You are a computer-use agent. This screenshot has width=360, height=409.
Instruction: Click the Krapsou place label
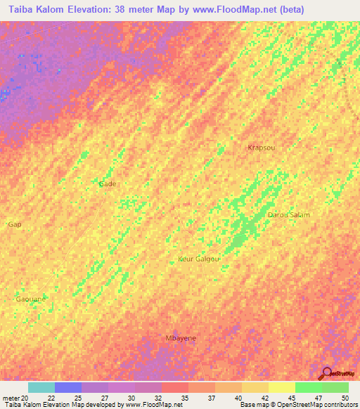261,148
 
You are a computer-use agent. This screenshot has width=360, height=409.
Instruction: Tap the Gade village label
108,183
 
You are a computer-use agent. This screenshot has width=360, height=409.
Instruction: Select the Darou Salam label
288,214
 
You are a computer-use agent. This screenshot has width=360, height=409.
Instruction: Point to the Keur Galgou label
199,259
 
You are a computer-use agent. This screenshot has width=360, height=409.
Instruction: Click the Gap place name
14,224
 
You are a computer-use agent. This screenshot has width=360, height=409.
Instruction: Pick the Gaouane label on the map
31,299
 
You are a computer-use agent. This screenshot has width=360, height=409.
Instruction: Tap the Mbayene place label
181,338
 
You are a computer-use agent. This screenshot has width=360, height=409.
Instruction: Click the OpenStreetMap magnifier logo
326,373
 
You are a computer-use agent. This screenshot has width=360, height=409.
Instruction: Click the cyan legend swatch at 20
41,387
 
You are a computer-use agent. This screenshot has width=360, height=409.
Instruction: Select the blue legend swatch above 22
68,387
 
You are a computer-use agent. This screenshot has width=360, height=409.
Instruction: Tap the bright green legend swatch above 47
309,387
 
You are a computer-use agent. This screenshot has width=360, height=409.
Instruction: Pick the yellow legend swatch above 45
282,387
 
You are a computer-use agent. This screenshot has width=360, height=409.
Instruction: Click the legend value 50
344,397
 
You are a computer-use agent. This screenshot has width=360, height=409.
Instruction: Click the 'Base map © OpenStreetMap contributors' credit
298,405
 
